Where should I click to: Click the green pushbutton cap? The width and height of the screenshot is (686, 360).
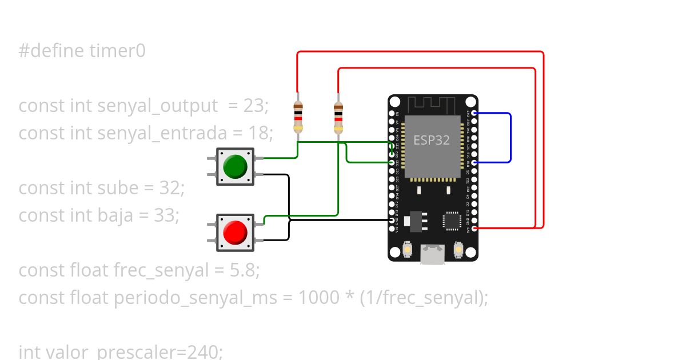[235, 166]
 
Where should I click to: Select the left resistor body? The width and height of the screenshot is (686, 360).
[297, 117]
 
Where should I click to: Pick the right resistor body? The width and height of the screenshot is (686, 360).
[338, 117]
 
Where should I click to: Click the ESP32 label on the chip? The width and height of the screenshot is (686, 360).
[432, 140]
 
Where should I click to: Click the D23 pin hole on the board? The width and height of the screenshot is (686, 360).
[474, 113]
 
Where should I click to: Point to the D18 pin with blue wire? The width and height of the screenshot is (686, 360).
[474, 162]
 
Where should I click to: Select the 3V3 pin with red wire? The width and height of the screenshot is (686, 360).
[474, 228]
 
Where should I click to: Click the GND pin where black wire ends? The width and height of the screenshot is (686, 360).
[392, 220]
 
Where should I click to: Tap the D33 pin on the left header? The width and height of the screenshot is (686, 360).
[392, 162]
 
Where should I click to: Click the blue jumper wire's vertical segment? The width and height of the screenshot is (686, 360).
[510, 138]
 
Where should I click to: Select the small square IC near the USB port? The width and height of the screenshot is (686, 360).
[452, 221]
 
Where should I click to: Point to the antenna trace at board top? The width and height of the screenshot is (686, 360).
[432, 105]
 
